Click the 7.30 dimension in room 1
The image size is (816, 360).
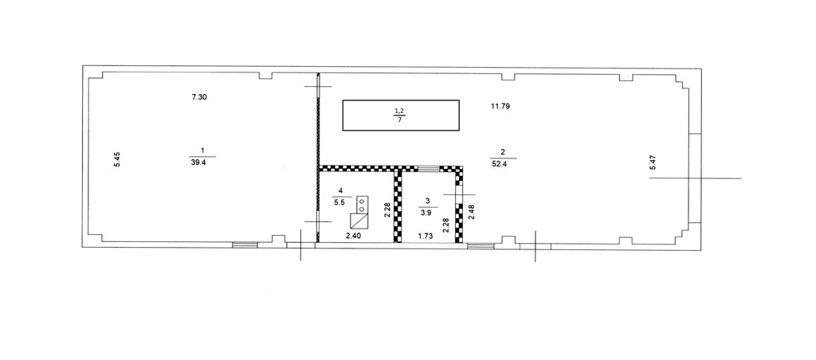200,96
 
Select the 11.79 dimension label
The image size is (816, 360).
500,107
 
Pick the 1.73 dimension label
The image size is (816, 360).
427,237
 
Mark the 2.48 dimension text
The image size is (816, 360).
472,211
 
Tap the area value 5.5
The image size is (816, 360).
339,203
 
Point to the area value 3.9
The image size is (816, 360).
426,212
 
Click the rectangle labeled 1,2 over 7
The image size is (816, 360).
401,115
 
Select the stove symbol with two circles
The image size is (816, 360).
363,205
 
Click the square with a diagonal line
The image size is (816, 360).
359,221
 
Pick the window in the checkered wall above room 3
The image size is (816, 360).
429,169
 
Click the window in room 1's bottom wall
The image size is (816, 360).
245,245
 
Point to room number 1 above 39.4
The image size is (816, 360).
202,151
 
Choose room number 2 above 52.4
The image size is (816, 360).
502,152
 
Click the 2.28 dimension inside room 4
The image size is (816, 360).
386,209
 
